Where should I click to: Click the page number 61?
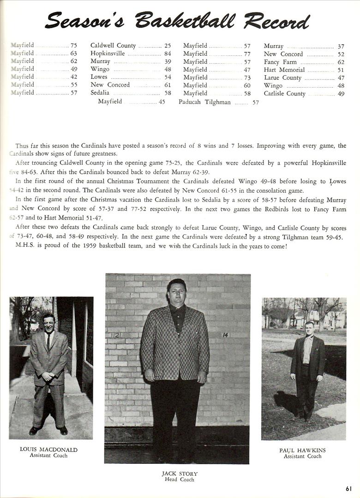[x=348, y=489]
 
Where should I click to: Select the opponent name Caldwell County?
[x=113, y=46]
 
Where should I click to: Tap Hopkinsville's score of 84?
[x=167, y=53]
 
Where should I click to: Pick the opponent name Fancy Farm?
[x=280, y=62]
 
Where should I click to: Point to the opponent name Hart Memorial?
[x=284, y=70]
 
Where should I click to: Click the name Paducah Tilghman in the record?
[x=204, y=102]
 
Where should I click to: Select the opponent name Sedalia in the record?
[x=100, y=93]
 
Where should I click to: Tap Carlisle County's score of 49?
[x=341, y=94]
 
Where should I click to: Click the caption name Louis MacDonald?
[x=48, y=449]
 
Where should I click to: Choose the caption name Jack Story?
[x=180, y=474]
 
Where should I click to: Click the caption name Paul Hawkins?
[x=302, y=450]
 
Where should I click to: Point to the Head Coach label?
[x=180, y=480]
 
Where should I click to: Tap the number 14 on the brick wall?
[x=225, y=335]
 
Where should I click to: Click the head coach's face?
[x=177, y=292]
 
